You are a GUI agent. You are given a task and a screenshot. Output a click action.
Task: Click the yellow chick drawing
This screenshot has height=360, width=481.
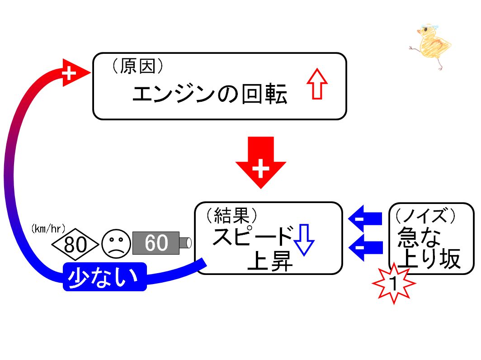click(431, 46)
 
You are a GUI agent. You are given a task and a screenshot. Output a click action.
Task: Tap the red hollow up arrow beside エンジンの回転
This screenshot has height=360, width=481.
click(317, 84)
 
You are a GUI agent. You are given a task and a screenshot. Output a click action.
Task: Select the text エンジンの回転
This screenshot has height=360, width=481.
click(210, 94)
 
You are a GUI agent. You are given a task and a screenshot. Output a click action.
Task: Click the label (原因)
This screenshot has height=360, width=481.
click(137, 66)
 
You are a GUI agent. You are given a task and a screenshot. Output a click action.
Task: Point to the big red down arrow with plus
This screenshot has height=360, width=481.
click(261, 162)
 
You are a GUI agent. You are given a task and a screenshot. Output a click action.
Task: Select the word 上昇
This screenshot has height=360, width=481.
click(270, 261)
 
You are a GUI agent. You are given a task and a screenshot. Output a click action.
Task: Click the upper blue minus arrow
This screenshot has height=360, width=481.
click(365, 219)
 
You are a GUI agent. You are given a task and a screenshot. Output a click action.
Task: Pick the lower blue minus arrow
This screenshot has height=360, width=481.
click(366, 247)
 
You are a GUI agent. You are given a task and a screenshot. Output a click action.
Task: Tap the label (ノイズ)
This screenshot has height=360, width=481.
click(425, 215)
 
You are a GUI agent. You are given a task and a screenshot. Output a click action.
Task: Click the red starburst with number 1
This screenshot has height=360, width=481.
click(394, 283)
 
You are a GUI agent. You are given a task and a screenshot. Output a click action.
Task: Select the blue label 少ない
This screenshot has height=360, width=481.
click(104, 277)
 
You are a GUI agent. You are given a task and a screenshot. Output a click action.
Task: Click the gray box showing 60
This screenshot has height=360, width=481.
click(156, 243)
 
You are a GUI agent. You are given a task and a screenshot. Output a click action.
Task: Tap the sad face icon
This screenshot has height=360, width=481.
click(116, 244)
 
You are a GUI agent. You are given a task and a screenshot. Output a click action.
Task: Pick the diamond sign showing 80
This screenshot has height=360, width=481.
click(75, 244)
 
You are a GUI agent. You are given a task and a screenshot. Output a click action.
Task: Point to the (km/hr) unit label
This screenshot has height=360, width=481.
click(48, 229)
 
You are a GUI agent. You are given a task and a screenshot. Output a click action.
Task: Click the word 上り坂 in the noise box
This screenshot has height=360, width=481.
click(429, 258)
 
